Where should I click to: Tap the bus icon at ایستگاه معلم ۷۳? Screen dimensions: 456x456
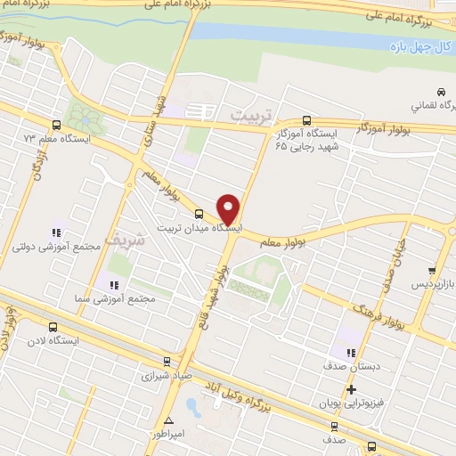pyautogui.click(x=57, y=126)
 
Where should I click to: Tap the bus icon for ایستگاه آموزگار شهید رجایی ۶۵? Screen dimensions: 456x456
pyautogui.click(x=307, y=119)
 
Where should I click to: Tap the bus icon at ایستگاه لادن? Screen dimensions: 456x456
pyautogui.click(x=53, y=327)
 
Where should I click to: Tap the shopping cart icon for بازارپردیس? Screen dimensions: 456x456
pyautogui.click(x=431, y=271)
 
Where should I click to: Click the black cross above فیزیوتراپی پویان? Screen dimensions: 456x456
pyautogui.click(x=353, y=389)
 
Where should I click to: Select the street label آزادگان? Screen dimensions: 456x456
pyautogui.click(x=37, y=166)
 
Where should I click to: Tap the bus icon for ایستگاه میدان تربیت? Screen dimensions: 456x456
pyautogui.click(x=198, y=214)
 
